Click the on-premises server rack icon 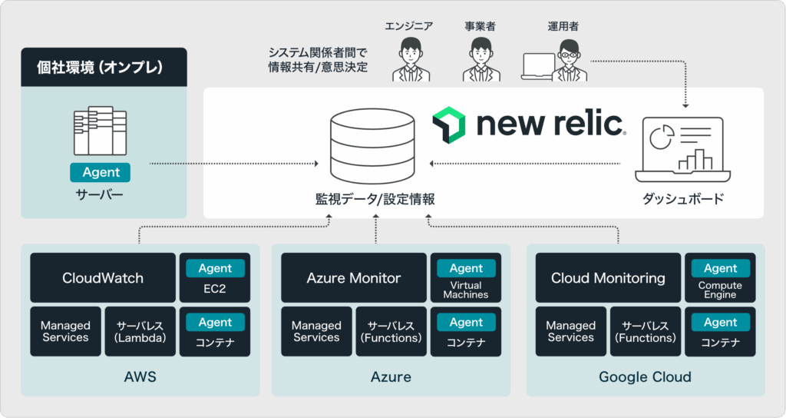coord(100,130)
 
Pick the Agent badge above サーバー coord(101,172)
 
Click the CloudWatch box coord(102,277)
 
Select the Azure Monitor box coord(353,277)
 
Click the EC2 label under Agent coord(215,290)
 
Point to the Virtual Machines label coord(466,290)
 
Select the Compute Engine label coord(720,290)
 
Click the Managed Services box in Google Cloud coord(570,331)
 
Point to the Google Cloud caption coord(645,377)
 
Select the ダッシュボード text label coord(683,199)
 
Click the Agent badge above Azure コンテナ coord(466,322)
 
